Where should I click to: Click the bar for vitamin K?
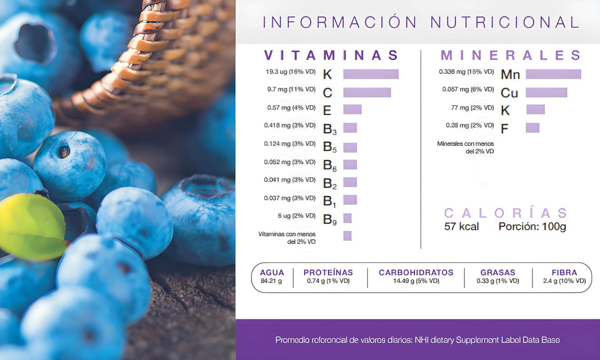(371, 74)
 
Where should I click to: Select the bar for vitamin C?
(367, 92)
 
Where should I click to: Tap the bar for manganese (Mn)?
(553, 74)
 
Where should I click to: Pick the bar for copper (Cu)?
(546, 92)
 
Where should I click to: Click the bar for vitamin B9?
(347, 218)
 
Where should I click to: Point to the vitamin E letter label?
(327, 111)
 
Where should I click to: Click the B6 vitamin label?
(329, 165)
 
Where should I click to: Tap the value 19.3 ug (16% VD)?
(290, 72)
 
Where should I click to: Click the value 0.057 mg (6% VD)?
(468, 89)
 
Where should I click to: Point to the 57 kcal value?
(461, 226)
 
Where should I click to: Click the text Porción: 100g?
(532, 226)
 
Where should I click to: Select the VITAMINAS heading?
(331, 55)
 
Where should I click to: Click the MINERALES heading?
(510, 55)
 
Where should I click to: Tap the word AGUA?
(272, 273)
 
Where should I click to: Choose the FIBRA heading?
(564, 273)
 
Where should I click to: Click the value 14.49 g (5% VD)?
(416, 281)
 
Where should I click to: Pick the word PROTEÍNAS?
(328, 273)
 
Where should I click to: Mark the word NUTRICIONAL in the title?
(505, 22)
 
